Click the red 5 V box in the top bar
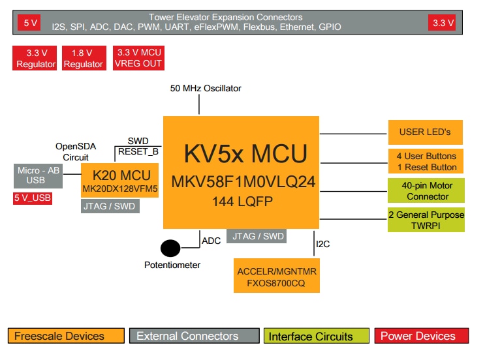pyautogui.click(x=31, y=23)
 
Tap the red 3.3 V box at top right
pyautogui.click(x=442, y=23)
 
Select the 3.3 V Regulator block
pyautogui.click(x=37, y=58)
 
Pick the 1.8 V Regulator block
pyautogui.click(x=84, y=58)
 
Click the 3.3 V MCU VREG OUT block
pyautogui.click(x=139, y=58)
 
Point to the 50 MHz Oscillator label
pyautogui.click(x=206, y=88)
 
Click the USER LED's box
pyautogui.click(x=425, y=132)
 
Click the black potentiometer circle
pyautogui.click(x=171, y=248)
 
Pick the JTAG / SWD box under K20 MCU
pyautogui.click(x=110, y=206)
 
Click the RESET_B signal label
pyautogui.click(x=138, y=152)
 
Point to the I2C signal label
pyautogui.click(x=323, y=245)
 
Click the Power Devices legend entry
pyautogui.click(x=422, y=337)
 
